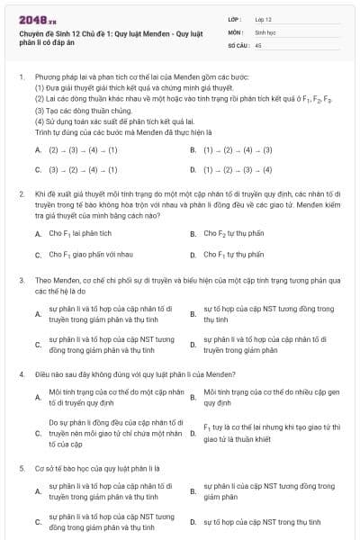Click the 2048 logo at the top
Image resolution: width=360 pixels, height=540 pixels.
point(33,19)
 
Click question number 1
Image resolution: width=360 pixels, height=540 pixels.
point(21,77)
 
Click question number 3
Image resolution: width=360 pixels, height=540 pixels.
point(21,281)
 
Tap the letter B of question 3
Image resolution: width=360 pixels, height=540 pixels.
point(193,314)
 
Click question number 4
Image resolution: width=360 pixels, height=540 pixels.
point(21,373)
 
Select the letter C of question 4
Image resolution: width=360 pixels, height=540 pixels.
point(38,433)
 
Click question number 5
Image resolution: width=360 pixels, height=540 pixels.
point(21,468)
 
